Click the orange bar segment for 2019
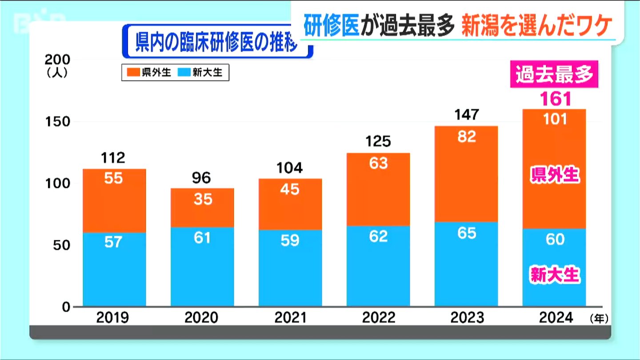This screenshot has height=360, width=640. (114, 200)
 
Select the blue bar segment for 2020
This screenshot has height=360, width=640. (202, 267)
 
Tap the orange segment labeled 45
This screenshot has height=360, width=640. (290, 204)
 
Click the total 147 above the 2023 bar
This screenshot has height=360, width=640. (467, 115)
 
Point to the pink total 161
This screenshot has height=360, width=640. (555, 99)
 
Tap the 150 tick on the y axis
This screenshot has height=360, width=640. (57, 122)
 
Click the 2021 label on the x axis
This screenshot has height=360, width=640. (290, 318)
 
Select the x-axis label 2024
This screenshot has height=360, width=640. (555, 318)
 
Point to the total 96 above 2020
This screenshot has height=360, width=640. (202, 178)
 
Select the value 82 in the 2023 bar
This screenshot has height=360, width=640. (467, 137)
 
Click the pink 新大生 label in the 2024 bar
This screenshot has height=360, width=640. (555, 275)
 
